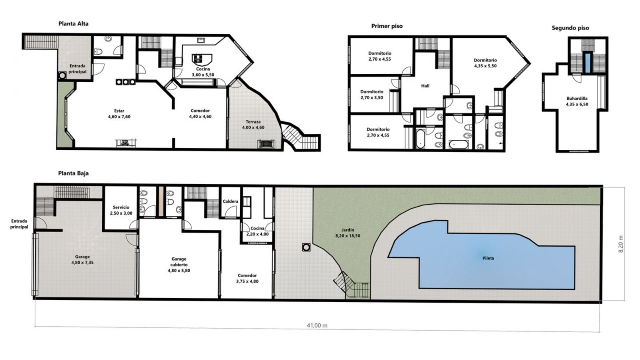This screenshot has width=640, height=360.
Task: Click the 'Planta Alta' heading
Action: click(x=73, y=24)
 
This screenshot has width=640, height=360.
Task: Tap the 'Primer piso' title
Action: click(x=387, y=26)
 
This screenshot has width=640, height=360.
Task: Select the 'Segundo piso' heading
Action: click(x=570, y=28)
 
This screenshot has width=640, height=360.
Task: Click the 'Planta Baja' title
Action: click(x=73, y=173)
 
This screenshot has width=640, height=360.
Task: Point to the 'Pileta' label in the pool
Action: click(x=488, y=258)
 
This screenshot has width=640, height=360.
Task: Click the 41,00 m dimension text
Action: click(x=317, y=325)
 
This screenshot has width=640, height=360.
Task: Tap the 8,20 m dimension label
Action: click(x=621, y=244)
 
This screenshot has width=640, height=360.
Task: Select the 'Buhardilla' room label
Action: click(x=577, y=99)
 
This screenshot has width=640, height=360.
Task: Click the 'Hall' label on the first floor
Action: click(x=425, y=86)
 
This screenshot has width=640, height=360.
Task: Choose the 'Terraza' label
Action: click(x=253, y=122)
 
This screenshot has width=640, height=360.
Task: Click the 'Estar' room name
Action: click(x=119, y=111)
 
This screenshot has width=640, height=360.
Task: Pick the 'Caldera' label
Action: click(x=231, y=201)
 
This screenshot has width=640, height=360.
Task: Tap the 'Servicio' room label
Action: click(x=121, y=208)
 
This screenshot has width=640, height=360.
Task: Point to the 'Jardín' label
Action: click(x=348, y=230)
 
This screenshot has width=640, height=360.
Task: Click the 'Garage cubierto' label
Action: click(x=179, y=262)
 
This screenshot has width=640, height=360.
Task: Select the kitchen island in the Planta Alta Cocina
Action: click(x=202, y=60)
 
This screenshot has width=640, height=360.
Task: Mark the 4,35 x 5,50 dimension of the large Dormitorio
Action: click(x=485, y=66)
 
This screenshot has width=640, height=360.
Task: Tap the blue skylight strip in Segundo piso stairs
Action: click(x=588, y=62)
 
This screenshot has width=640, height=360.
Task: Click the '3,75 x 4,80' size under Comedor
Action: click(x=248, y=281)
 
